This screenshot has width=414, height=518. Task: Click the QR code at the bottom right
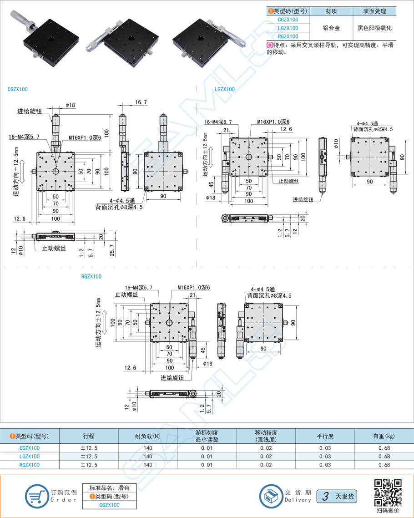[x=388, y=493]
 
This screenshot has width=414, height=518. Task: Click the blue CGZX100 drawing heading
[x=18, y=89]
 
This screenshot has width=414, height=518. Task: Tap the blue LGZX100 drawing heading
[x=225, y=89]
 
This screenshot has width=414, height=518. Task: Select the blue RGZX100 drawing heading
[x=91, y=276]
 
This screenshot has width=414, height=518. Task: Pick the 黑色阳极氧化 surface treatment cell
[x=374, y=28]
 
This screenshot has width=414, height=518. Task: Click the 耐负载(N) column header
[x=147, y=436]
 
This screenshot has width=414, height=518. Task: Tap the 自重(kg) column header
[x=384, y=436]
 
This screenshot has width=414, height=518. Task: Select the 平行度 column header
[x=325, y=436]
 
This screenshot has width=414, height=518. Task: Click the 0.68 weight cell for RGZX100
[x=384, y=465]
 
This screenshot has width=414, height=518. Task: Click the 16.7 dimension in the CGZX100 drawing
[x=141, y=102]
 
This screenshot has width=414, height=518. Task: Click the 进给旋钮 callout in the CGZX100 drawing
[x=30, y=111]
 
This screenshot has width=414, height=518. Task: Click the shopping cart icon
[x=36, y=495]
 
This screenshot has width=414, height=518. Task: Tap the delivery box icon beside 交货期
[x=271, y=496]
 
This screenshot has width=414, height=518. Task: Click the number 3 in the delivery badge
[x=325, y=496]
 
